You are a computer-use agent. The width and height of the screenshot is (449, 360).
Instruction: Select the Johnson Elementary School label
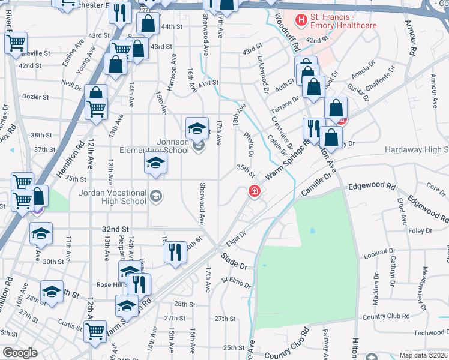pyautogui.click(x=156, y=146)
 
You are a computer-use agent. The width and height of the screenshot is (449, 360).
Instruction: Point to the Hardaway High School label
pyautogui.click(x=417, y=149)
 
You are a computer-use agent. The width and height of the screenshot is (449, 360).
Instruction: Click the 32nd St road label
pyautogui.click(x=116, y=229)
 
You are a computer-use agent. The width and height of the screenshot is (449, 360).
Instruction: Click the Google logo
pyautogui.click(x=20, y=353)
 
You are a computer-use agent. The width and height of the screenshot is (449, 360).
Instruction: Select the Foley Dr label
pyautogui.click(x=420, y=231)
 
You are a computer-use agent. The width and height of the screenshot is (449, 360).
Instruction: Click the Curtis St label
pyautogui.click(x=71, y=326)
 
